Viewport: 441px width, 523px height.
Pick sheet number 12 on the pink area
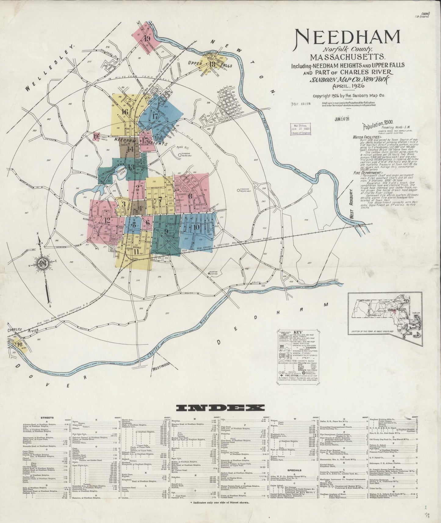click(x=107, y=220)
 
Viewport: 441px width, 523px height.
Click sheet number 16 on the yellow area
click(x=124, y=112)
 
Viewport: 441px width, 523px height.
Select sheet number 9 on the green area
click(x=166, y=232)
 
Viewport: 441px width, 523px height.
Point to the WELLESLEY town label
click(x=50, y=68)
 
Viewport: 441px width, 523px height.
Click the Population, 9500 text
click(x=377, y=125)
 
